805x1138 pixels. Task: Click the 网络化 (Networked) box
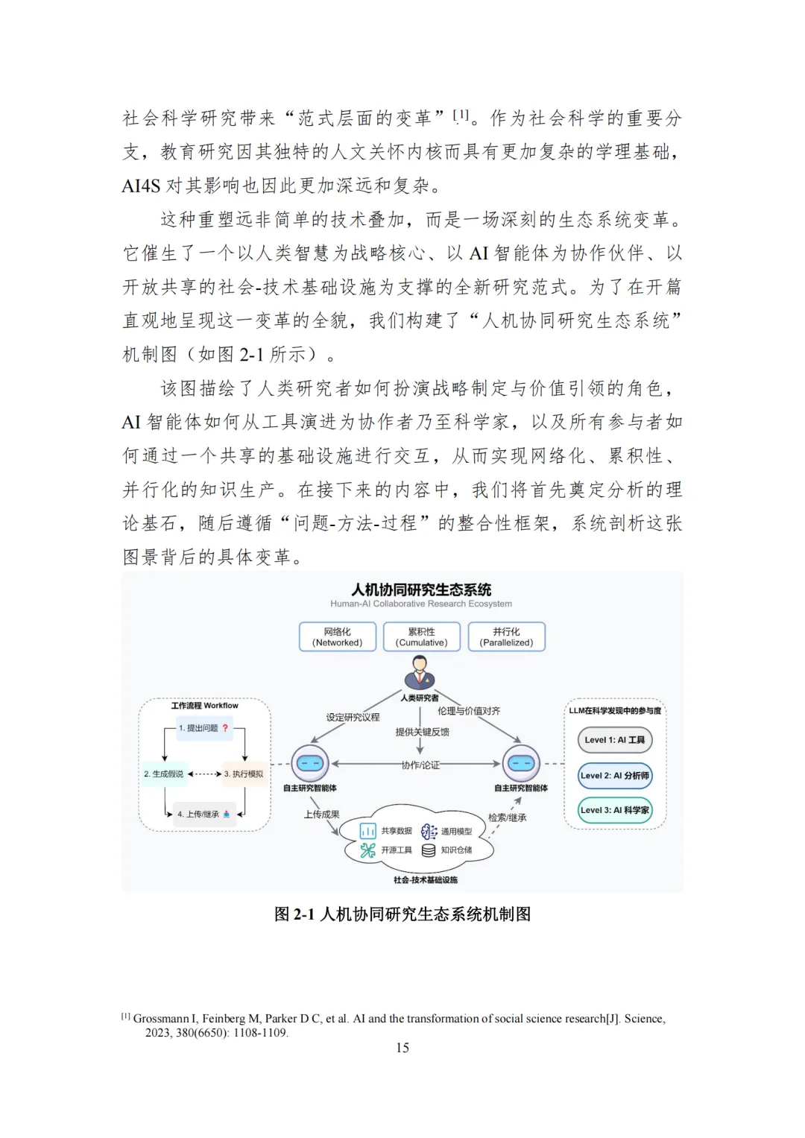(x=337, y=637)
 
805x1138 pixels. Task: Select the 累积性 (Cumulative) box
(x=421, y=637)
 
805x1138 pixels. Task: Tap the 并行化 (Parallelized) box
(x=506, y=637)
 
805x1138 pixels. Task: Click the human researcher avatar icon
(x=420, y=673)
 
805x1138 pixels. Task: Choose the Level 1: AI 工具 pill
(x=615, y=740)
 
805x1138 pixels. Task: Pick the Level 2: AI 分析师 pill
(x=615, y=775)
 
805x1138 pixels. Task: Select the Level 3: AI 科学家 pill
(x=615, y=810)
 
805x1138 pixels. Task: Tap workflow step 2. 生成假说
(x=163, y=774)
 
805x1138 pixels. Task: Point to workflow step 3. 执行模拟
(x=244, y=774)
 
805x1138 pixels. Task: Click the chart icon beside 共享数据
(x=368, y=831)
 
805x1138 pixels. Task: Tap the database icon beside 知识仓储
(x=429, y=850)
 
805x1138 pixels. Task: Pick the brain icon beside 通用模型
(x=429, y=831)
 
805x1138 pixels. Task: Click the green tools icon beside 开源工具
(x=368, y=850)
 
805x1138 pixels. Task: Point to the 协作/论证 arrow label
(x=420, y=765)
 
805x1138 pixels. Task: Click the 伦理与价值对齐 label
(x=468, y=711)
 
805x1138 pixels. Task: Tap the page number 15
(x=402, y=1048)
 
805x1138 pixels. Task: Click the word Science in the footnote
(x=644, y=1019)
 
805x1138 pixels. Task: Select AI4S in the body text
(x=141, y=186)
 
